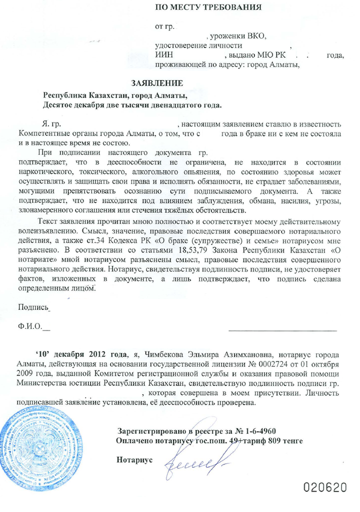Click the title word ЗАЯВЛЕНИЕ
click(x=157, y=82)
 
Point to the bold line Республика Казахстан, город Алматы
click(x=115, y=95)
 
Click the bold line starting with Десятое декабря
click(x=132, y=105)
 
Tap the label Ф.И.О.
click(x=30, y=327)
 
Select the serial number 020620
click(x=325, y=487)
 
